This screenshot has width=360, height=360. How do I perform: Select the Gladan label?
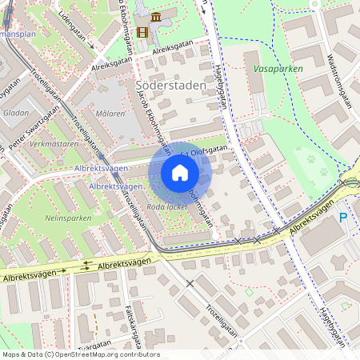pyautogui.click(x=16, y=113)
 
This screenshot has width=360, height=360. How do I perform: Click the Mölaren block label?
pyautogui.click(x=109, y=114)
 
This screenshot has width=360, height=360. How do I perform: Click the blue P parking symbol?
pyautogui.click(x=343, y=217)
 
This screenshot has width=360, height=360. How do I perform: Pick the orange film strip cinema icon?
pyautogui.click(x=142, y=32)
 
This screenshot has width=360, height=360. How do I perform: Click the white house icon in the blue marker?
pyautogui.click(x=180, y=173)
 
